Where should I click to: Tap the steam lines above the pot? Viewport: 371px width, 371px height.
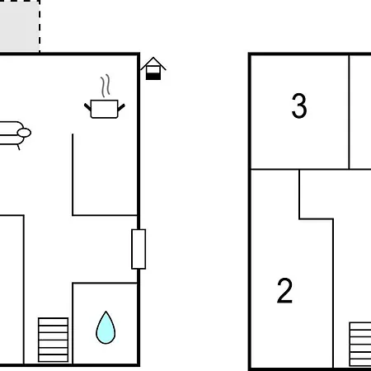pos(106,86)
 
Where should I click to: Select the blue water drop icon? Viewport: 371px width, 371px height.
pos(106,327)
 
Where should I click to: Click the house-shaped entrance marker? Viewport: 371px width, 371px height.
pos(153,68)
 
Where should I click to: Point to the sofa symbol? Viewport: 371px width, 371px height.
pos(14,134)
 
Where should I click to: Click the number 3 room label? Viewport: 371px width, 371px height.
pos(299,106)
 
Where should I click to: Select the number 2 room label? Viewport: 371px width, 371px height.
pos(284,290)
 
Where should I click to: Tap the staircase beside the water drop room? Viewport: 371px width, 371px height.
pos(54,340)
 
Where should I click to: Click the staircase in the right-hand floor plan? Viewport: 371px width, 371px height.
pos(360,344)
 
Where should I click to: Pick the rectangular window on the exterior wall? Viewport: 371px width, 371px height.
pos(139,249)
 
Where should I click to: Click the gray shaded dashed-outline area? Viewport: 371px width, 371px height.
pos(19,26)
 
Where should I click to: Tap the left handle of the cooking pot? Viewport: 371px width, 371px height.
pos(88,107)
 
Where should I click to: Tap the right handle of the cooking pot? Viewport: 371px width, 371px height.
pos(121,107)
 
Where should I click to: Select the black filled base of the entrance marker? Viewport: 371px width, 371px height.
pos(153,77)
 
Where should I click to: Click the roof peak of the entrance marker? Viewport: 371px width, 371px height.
pos(153,58)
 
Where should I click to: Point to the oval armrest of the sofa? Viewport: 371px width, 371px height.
pos(24,133)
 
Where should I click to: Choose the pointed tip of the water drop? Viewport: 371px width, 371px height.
pos(106,312)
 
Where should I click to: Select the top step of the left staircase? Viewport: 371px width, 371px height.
pos(54,322)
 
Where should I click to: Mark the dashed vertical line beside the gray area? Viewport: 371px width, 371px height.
pos(40,26)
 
